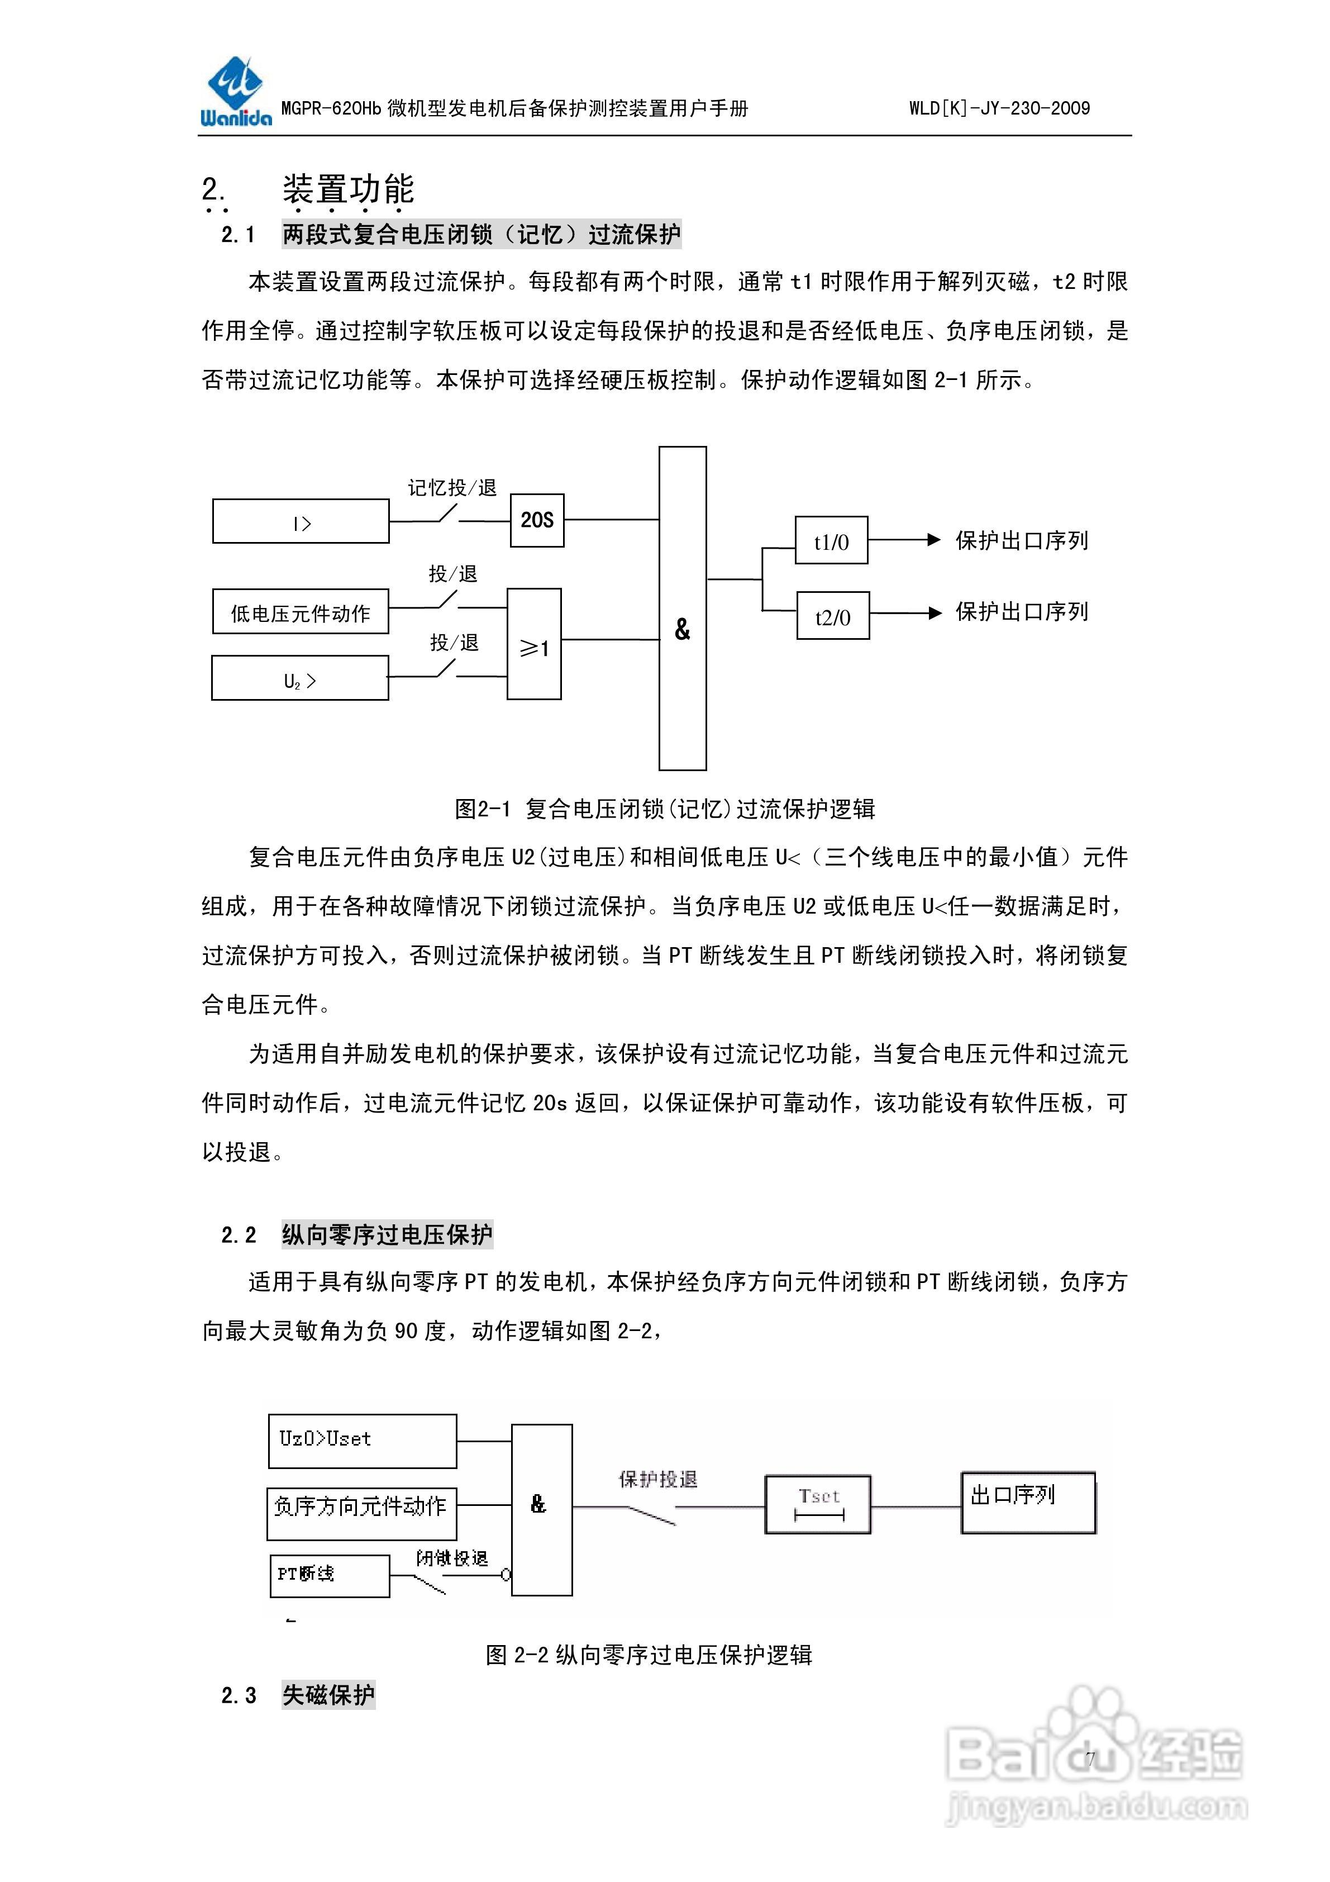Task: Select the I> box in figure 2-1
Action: coord(301,521)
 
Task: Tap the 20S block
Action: coord(537,520)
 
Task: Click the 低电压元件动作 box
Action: coord(300,611)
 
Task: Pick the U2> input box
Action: coord(300,678)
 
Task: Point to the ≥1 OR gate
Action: coord(533,644)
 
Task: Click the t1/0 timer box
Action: coord(831,540)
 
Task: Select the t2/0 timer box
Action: coord(833,616)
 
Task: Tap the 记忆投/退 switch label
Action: coord(452,488)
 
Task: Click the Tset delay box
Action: coord(817,1504)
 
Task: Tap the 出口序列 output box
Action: coord(1028,1503)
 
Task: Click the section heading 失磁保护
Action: coord(328,1695)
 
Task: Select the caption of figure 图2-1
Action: coord(665,809)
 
